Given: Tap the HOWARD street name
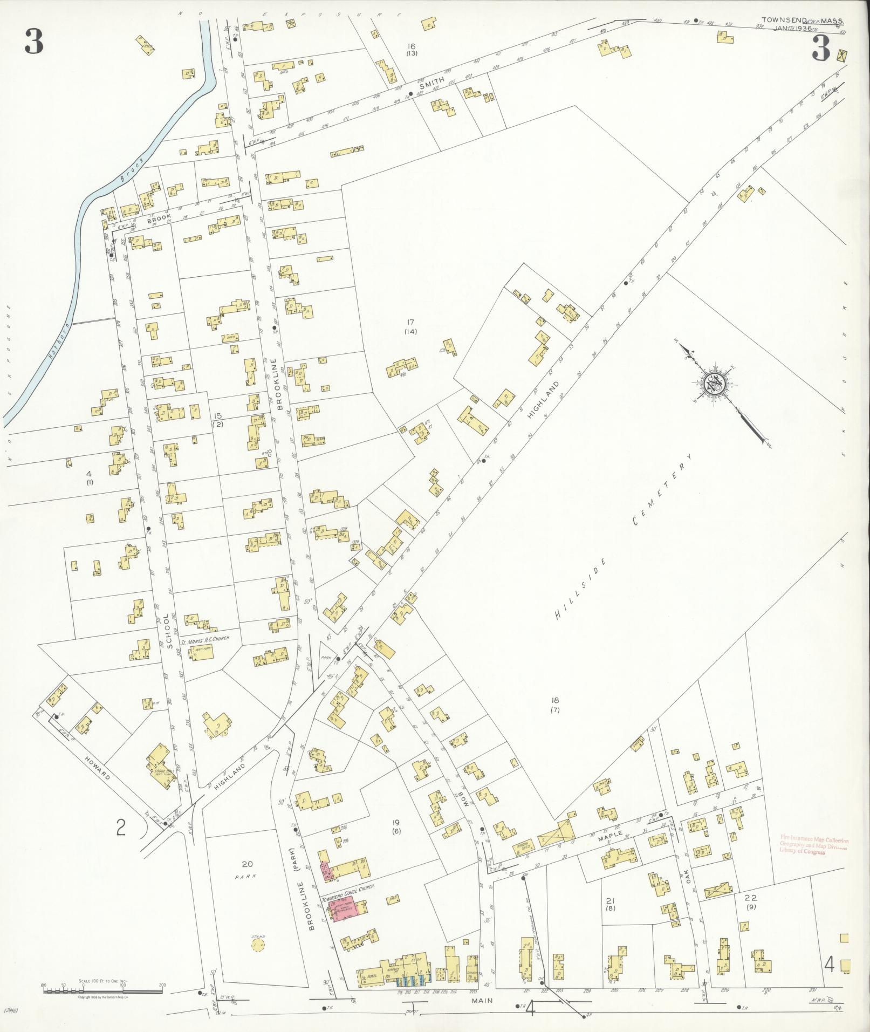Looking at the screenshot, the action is pos(98,769).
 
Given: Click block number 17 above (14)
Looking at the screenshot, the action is pos(412,323).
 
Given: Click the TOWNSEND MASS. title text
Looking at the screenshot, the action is pos(803,20).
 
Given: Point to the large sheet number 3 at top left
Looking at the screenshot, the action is pos(33,42).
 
